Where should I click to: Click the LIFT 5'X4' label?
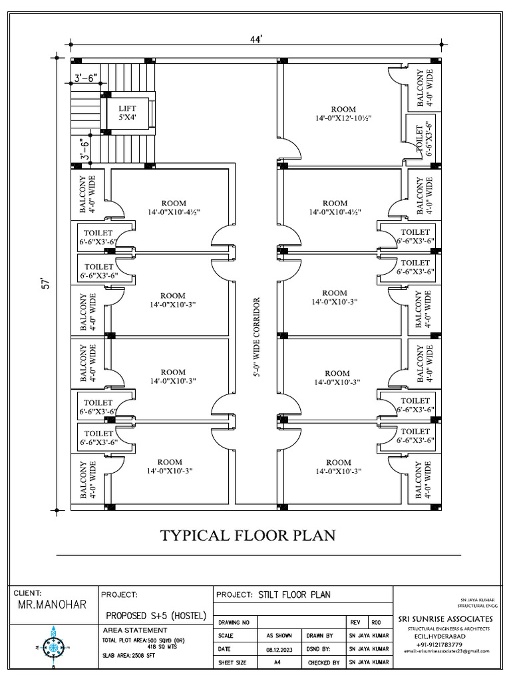tap(127, 112)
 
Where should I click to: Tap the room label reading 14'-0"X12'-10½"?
tap(343, 114)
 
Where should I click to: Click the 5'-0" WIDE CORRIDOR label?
tap(255, 338)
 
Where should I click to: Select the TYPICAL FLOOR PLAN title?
tap(248, 535)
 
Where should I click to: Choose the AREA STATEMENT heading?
tap(136, 630)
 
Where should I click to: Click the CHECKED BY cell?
tap(323, 663)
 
